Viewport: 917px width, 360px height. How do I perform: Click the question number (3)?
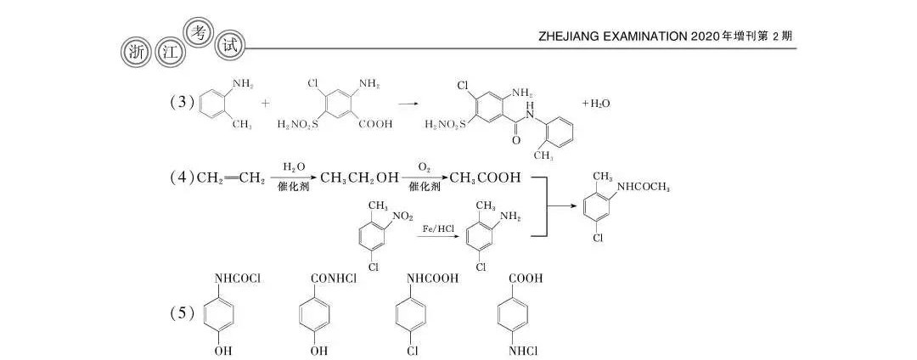click(183, 103)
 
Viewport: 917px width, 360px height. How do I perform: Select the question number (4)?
click(183, 178)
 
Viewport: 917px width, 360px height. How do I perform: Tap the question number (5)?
click(183, 313)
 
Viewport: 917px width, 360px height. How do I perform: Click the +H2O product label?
click(596, 104)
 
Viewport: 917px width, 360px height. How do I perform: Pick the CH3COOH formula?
click(485, 178)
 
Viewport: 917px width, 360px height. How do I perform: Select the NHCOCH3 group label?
click(644, 187)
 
